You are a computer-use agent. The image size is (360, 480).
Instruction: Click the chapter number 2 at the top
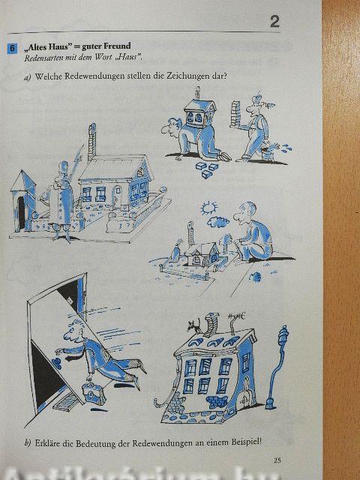pos(274,22)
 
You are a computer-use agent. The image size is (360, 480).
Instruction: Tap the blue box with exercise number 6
pos(12,49)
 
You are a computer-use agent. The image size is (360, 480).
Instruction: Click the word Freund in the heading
pos(117,46)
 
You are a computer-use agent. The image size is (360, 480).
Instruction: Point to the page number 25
pos(277,460)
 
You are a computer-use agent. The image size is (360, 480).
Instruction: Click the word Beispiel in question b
pos(245,442)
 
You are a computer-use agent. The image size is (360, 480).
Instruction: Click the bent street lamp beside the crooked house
pos(277,367)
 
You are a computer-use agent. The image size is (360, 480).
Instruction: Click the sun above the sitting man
pos(209,208)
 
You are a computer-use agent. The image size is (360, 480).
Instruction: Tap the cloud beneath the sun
pos(218,222)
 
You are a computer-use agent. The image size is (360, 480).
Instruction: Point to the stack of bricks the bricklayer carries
pos(235,113)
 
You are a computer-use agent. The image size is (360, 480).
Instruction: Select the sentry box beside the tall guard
pos(23,201)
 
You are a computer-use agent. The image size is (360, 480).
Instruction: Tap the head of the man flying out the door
pos(73,331)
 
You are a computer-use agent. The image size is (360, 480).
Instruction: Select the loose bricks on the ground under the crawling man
pos(206,169)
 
